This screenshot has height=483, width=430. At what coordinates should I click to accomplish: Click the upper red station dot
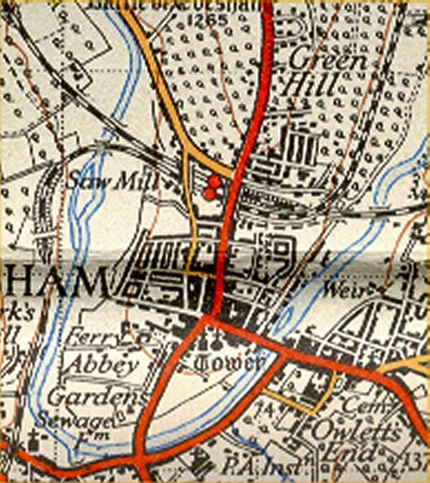point(215,182)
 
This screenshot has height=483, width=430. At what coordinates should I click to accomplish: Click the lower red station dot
point(210,194)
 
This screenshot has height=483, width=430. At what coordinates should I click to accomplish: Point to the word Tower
point(228,363)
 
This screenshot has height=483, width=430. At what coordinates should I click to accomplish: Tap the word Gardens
point(95,396)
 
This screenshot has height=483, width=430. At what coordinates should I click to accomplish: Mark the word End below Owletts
point(349,453)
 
